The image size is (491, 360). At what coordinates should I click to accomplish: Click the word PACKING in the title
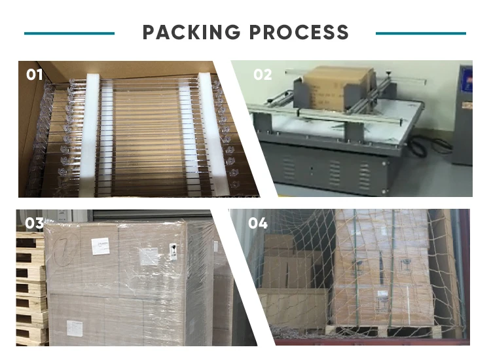[189, 32]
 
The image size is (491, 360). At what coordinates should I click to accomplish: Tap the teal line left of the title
[69, 33]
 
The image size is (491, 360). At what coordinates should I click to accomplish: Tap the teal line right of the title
[421, 33]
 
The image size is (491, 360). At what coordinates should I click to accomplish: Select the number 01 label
[34, 75]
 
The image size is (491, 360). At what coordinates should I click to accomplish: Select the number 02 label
[263, 75]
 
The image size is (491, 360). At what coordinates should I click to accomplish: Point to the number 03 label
[34, 223]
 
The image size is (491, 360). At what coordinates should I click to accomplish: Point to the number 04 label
[257, 223]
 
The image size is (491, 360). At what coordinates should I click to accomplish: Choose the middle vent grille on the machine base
[336, 171]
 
